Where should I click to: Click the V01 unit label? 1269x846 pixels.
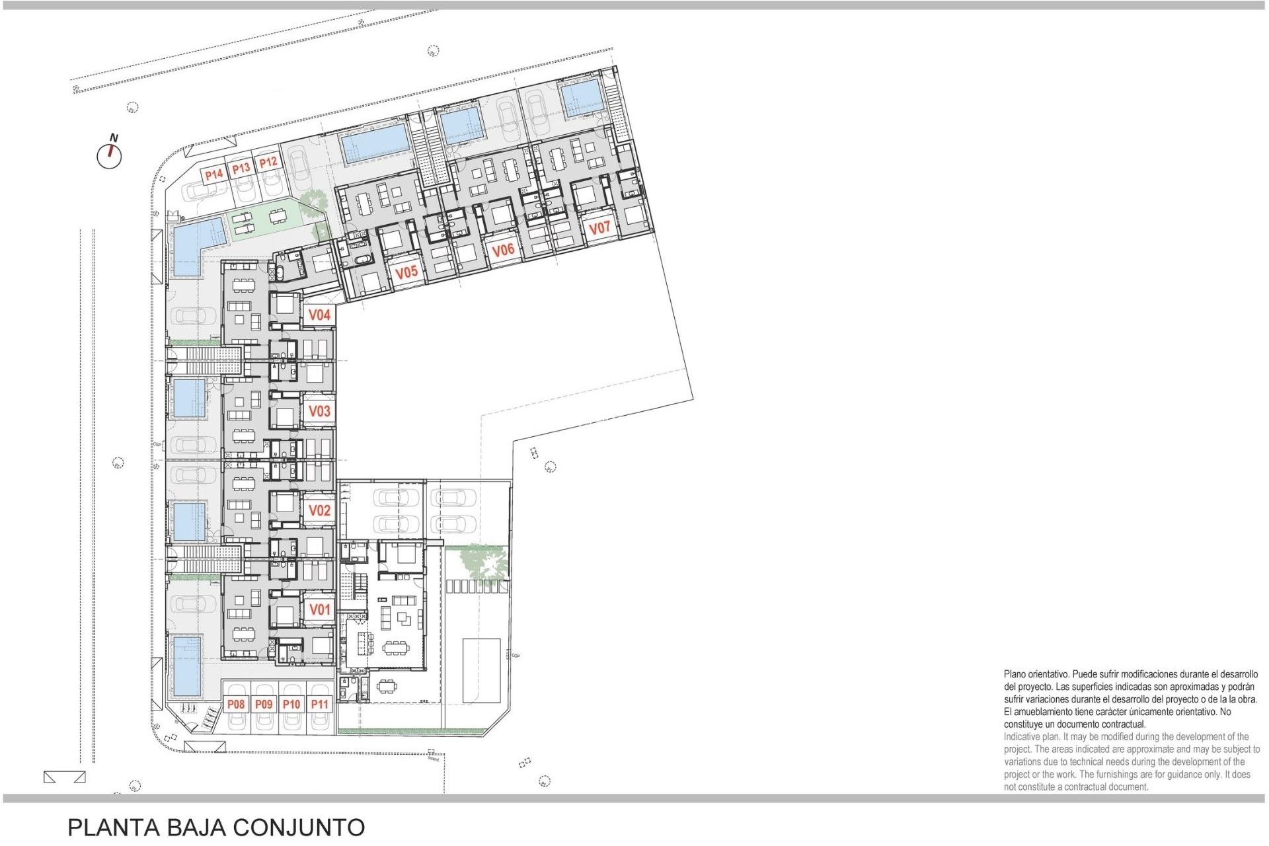[319, 609]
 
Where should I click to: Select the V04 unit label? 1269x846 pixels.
[319, 315]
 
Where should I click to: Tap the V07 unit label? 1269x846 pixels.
[599, 228]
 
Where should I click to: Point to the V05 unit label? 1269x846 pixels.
[406, 272]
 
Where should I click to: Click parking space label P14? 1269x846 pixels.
[213, 175]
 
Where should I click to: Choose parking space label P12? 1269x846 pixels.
[268, 163]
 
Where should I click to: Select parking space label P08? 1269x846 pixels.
[236, 705]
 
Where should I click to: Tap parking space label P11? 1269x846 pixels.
[319, 705]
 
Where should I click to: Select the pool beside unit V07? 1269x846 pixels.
[582, 98]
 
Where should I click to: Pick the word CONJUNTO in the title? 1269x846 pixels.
[299, 827]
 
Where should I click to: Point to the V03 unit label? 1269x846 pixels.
[319, 411]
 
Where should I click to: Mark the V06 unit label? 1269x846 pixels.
[503, 250]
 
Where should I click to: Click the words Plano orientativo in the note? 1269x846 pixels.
[1036, 674]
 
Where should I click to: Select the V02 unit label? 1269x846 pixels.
[319, 510]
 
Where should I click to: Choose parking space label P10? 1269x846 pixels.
[291, 705]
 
